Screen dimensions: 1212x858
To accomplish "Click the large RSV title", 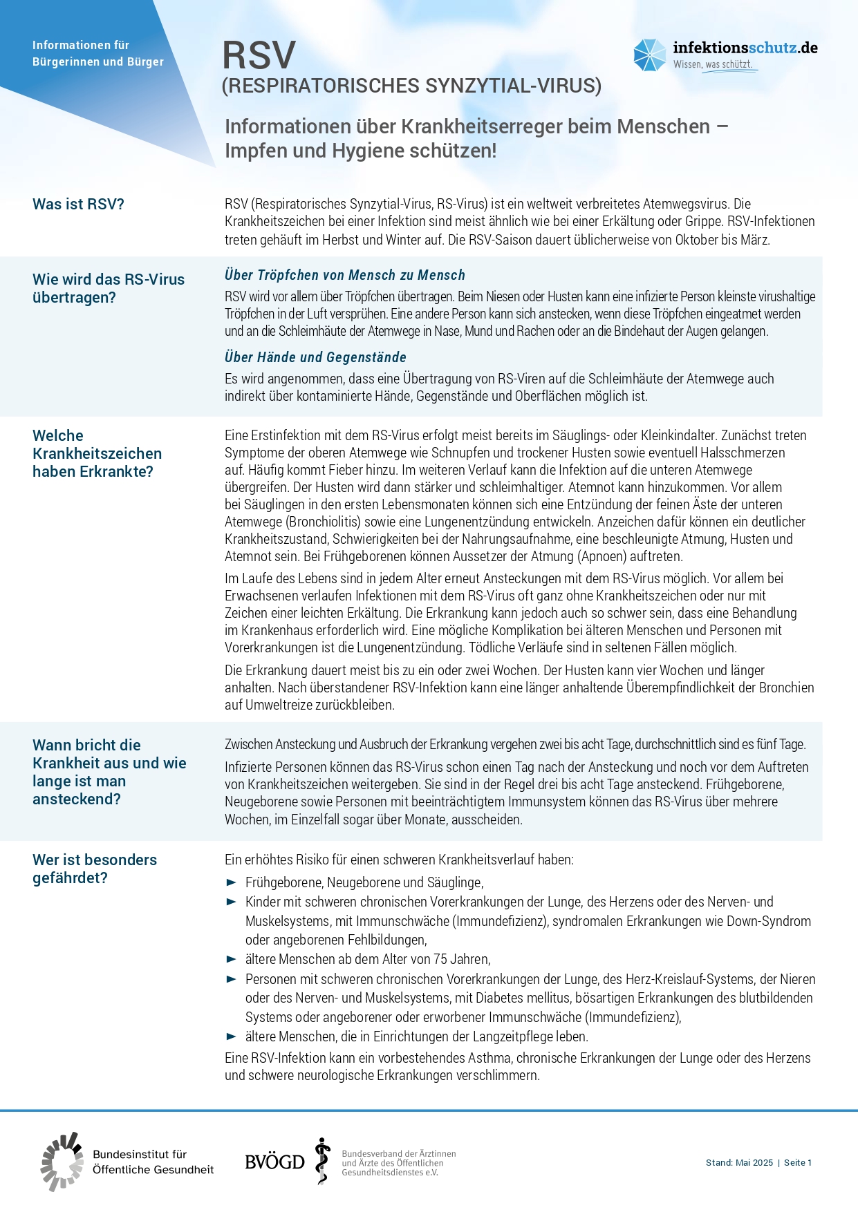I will (259, 55).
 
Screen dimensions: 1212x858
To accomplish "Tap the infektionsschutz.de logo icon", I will (649, 55).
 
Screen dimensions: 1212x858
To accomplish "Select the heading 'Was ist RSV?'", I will (78, 205).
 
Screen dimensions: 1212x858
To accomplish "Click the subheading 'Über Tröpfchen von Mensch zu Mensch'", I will (344, 275).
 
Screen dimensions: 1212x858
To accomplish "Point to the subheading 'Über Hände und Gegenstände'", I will (315, 357).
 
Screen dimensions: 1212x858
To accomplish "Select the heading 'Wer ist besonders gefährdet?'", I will (95, 869).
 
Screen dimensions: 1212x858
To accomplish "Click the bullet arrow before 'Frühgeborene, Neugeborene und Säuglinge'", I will (232, 882).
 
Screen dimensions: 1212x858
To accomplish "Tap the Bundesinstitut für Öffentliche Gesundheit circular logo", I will (62, 1162).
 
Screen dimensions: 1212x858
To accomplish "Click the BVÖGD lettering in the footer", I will (274, 1162).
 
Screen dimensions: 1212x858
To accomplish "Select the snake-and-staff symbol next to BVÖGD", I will (321, 1161).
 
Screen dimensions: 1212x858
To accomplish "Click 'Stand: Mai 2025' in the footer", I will (739, 1163).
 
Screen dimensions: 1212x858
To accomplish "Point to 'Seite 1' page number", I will (798, 1163).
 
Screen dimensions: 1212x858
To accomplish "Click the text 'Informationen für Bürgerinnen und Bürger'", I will (98, 53).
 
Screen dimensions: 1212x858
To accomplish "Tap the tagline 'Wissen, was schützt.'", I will (712, 64).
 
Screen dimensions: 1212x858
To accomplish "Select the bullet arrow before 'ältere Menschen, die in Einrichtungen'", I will (232, 1036).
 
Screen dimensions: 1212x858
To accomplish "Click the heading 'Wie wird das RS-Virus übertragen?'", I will (109, 288).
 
